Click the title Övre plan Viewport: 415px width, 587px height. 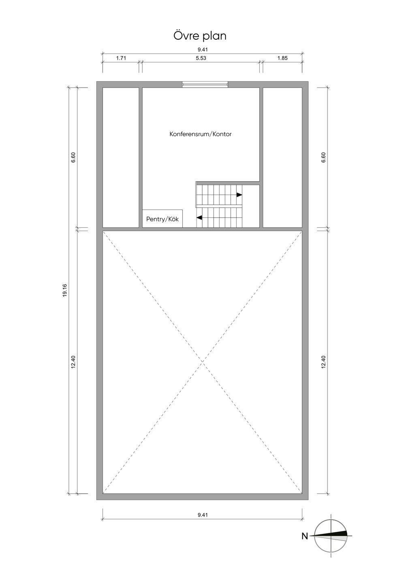point(200,36)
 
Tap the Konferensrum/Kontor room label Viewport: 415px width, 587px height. point(201,134)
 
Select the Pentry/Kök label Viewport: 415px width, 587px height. point(162,219)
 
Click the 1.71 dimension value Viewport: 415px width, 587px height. point(121,58)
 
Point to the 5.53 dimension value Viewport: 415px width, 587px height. point(201,58)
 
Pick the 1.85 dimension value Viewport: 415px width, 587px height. point(282,58)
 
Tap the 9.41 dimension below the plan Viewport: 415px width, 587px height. point(203,515)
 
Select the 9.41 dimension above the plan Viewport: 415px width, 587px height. point(203,49)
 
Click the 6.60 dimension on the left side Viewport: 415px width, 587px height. point(73,157)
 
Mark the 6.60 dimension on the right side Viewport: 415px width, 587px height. point(323,157)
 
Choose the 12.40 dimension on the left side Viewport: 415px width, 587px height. point(73,362)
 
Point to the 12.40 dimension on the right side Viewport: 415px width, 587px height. point(323,362)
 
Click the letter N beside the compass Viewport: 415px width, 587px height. point(305,536)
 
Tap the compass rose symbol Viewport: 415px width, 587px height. point(332,536)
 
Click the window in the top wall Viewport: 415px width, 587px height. point(205,84)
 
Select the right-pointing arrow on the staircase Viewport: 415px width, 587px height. point(239,195)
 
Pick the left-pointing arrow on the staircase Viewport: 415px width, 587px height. point(199,218)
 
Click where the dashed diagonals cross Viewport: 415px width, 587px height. point(202,362)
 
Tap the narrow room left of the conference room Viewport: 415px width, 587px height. point(121,157)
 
